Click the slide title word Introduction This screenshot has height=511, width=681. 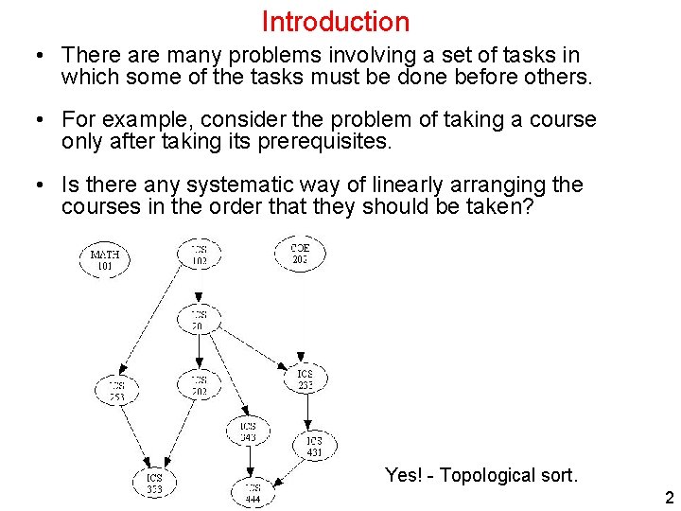point(335,21)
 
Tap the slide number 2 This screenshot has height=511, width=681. point(669,498)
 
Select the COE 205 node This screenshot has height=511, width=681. point(300,254)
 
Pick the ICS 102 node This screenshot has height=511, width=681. point(200,254)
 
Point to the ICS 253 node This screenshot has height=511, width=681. point(116,391)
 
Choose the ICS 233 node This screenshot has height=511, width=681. point(305,379)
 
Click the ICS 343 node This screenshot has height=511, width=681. point(248,432)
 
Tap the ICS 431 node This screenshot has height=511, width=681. point(313,447)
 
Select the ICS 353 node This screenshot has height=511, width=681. point(154,484)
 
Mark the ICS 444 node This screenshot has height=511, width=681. point(253,492)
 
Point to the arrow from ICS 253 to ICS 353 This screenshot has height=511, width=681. point(134,436)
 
